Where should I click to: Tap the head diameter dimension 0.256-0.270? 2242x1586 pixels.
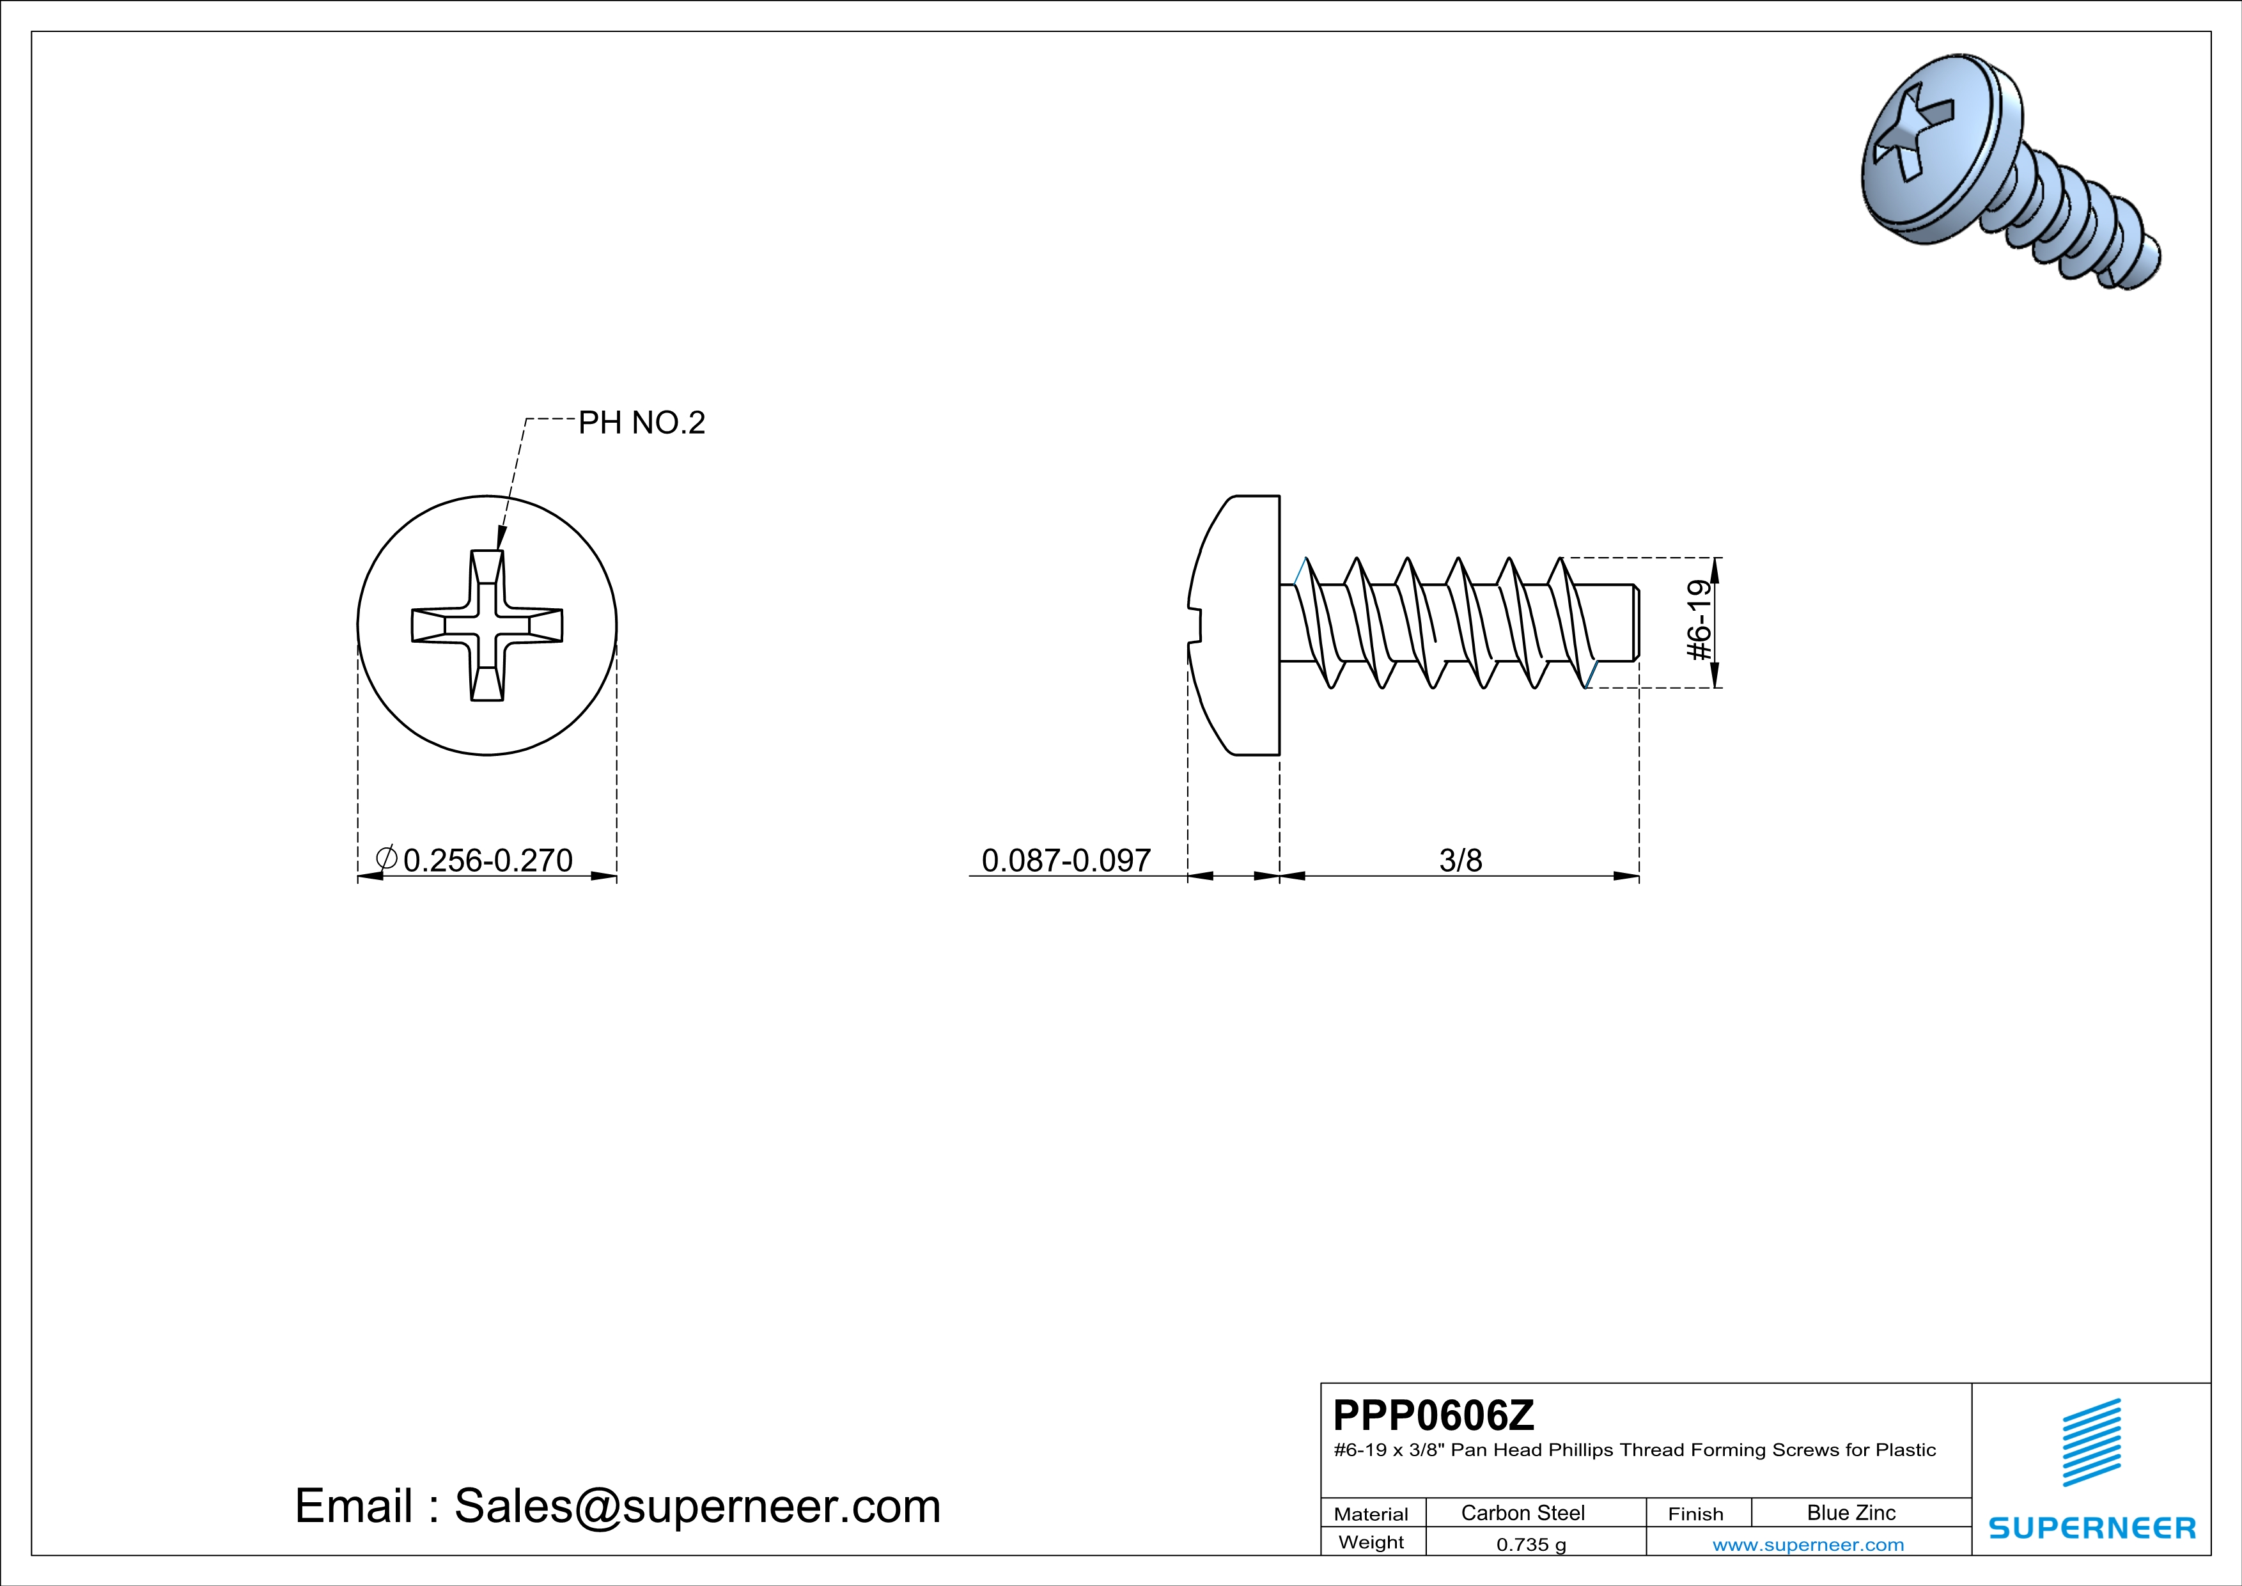coord(487,860)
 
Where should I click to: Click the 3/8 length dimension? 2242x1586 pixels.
coord(1460,860)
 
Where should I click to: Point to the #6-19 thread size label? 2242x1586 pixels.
coord(1700,621)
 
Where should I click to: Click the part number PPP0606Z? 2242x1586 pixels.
coord(1433,1415)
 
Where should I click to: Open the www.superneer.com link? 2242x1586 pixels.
coord(1807,1544)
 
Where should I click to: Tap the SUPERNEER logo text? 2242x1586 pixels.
coord(2092,1527)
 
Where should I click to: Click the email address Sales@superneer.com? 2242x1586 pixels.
coord(697,1506)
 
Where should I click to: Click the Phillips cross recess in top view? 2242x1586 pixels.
coord(487,625)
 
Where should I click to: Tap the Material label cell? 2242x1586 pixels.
coord(1371,1514)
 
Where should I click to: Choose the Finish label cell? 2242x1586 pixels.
coord(1695,1514)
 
